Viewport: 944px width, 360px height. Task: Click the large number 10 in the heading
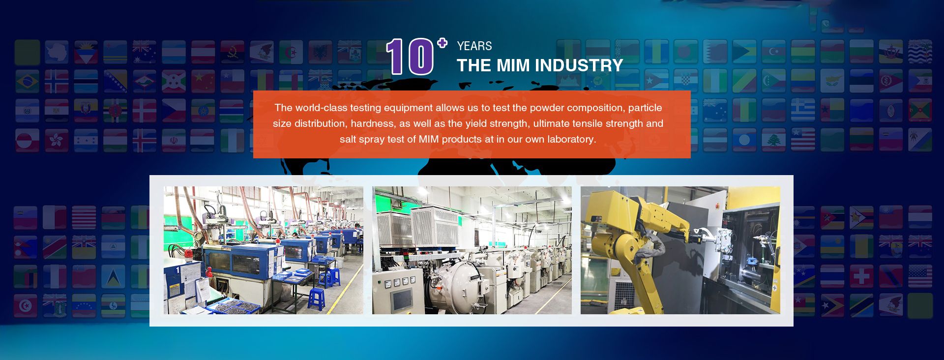(x=410, y=57)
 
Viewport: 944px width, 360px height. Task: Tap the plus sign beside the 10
(x=442, y=43)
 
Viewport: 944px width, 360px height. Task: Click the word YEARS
(x=474, y=46)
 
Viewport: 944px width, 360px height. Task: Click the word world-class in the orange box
(x=322, y=108)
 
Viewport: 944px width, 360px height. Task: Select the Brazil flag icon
(x=27, y=82)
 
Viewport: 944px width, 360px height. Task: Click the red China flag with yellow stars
(x=203, y=82)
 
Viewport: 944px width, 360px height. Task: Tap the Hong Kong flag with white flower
(x=57, y=140)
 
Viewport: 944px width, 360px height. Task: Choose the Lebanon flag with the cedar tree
(x=773, y=140)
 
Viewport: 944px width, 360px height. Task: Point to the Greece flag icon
(x=803, y=111)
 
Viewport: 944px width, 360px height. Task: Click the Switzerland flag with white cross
(x=861, y=276)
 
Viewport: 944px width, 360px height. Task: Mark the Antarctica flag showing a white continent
(x=57, y=52)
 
